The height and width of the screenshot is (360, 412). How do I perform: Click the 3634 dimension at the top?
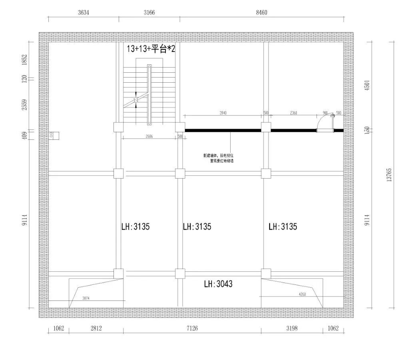83,12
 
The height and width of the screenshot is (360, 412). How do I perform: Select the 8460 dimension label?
261,12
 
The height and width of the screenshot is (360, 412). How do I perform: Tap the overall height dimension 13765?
389,175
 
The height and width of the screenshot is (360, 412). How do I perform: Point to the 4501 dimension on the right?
367,86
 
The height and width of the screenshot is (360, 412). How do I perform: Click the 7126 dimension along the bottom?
192,328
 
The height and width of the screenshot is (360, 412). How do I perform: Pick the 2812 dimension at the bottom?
96,328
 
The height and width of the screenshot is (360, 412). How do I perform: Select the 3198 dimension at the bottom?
292,328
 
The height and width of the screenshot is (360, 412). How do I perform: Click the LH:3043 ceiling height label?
218,284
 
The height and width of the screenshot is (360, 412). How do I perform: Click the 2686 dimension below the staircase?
149,137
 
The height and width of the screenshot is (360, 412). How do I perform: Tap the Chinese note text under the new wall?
218,158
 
